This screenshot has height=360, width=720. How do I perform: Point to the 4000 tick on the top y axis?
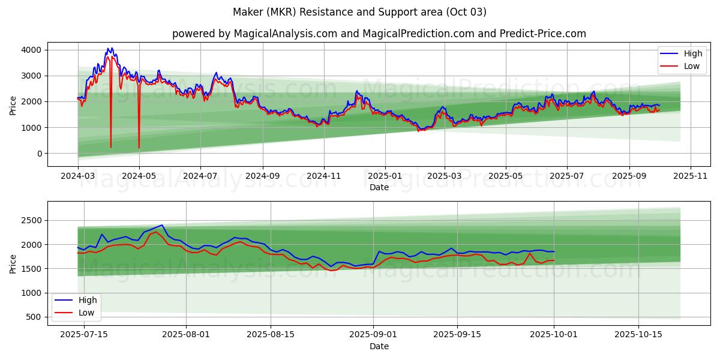[31, 50]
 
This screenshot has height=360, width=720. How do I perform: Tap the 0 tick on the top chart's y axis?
[38, 154]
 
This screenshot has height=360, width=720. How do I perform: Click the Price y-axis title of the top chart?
[13, 106]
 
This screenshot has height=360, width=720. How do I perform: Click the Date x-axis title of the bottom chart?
[379, 346]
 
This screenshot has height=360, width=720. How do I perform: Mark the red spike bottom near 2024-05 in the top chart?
[139, 148]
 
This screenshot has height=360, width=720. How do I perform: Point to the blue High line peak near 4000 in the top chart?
[109, 49]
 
